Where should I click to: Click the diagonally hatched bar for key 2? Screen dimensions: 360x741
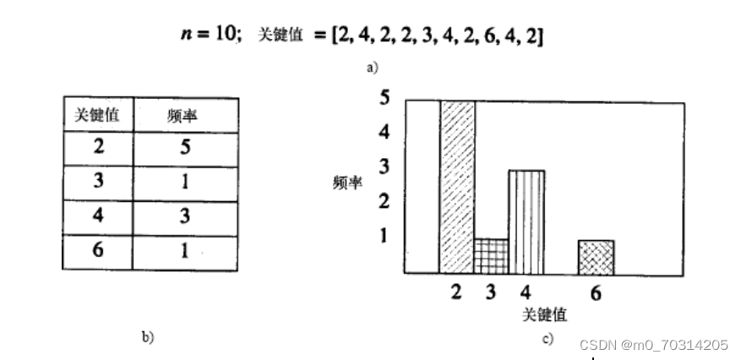pos(457,187)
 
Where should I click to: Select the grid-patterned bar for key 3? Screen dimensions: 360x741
pos(491,256)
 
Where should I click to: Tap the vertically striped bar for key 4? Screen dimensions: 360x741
pos(526,222)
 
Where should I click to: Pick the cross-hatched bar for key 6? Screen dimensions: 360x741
pos(596,257)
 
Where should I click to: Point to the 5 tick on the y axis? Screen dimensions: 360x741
pos(384,98)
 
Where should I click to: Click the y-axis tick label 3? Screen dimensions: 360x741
pos(384,166)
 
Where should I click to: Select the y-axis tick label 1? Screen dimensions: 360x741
pos(384,235)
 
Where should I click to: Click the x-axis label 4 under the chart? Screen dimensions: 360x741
pos(526,294)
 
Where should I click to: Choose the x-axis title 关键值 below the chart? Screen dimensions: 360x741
pos(544,314)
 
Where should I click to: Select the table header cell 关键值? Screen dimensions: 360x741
pos(97,114)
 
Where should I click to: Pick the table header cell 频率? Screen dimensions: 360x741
pos(184,115)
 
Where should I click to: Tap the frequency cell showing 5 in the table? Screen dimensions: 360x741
pos(184,147)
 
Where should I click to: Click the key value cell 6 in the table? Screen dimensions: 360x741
pos(98,252)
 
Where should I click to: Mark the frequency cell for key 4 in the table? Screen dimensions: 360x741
pos(184,217)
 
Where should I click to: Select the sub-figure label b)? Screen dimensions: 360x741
pos(148,337)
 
